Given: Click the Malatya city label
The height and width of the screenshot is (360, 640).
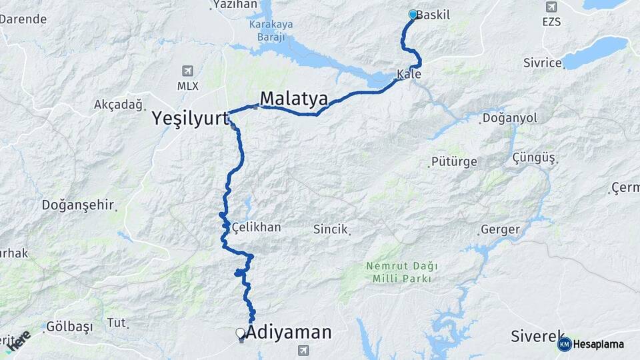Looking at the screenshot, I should click(x=293, y=99).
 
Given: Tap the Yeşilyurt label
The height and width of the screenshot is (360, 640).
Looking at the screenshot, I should click(x=190, y=119).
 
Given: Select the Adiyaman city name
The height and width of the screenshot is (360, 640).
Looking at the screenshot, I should click(x=289, y=331).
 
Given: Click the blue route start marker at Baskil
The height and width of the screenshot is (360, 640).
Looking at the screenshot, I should click(x=413, y=14).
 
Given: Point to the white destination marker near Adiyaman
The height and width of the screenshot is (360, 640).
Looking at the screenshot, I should click(x=240, y=333).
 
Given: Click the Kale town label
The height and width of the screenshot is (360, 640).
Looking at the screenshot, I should click(x=409, y=74).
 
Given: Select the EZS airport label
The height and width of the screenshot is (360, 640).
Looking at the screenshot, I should click(x=551, y=21).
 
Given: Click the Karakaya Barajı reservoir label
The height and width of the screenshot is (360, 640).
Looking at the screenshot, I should click(x=271, y=31).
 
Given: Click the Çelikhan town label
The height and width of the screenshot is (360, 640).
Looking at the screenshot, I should click(x=256, y=227).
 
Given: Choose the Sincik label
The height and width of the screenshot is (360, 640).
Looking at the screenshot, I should click(x=331, y=229).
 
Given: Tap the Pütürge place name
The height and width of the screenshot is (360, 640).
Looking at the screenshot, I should click(x=454, y=162).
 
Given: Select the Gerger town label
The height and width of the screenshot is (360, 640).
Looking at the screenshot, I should click(x=499, y=230).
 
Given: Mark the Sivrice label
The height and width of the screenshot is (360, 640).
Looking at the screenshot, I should click(x=542, y=65).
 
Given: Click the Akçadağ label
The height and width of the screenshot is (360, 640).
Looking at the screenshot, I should click(x=119, y=105).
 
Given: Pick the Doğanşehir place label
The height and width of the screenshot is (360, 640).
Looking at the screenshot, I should click(x=78, y=205).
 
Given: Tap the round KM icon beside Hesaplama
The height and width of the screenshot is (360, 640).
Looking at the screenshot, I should click(x=564, y=344).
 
